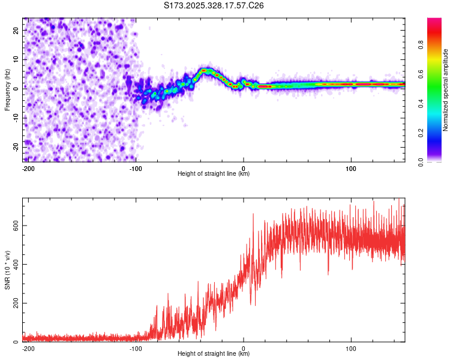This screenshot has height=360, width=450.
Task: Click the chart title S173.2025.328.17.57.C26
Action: tap(214, 5)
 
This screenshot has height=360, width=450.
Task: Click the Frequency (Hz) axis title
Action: tap(8, 89)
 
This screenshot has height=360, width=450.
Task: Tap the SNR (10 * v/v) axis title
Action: tap(8, 269)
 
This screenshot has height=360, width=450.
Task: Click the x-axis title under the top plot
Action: tap(214, 173)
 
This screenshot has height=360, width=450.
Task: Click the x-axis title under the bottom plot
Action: tap(214, 353)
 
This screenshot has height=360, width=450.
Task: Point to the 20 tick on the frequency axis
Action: tap(16, 30)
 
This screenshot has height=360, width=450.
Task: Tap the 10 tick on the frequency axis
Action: tap(16, 59)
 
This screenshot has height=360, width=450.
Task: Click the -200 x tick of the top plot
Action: tap(28, 167)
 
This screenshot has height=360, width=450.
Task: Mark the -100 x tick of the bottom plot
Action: tap(136, 347)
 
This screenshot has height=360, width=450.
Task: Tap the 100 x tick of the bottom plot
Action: tap(351, 347)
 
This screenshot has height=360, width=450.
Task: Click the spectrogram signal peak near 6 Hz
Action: tap(205, 71)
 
